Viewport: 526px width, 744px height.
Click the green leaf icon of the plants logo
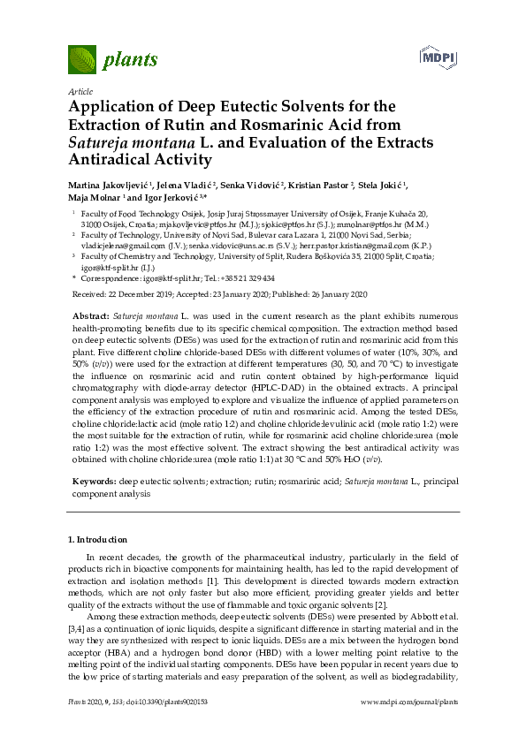(x=82, y=60)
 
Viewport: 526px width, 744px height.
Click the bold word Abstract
(x=91, y=315)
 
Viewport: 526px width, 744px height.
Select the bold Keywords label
(x=93, y=481)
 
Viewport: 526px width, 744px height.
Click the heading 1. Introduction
(x=98, y=539)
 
